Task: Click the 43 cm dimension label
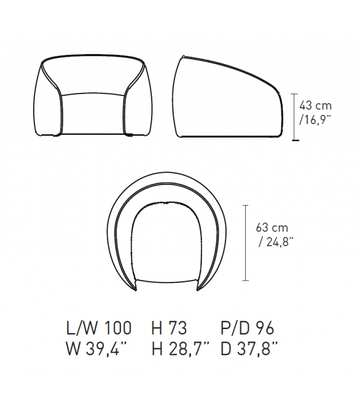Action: point(315,105)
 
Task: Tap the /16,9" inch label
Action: point(315,119)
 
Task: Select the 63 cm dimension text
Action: point(272,228)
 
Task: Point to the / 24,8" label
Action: point(275,242)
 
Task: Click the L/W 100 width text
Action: point(99,328)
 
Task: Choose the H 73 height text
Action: point(169,328)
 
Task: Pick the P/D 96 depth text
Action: point(247,328)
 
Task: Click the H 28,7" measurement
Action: point(181,349)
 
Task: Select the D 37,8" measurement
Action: point(249,349)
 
